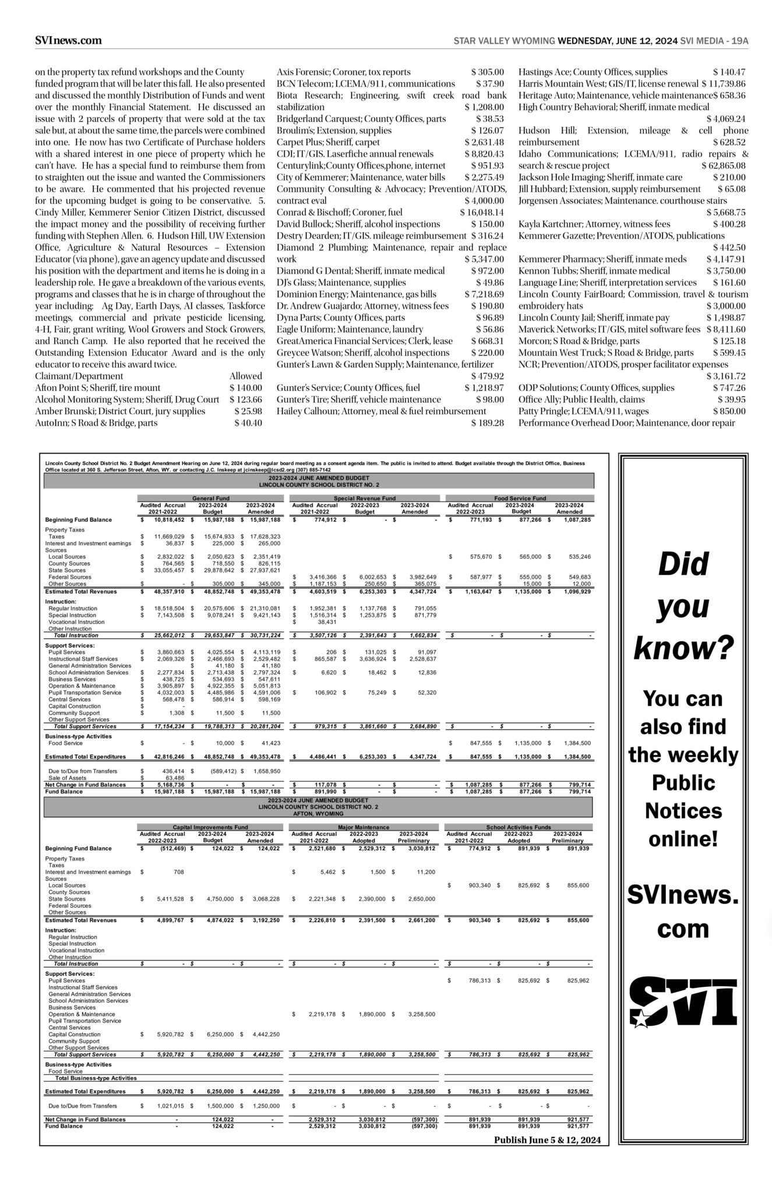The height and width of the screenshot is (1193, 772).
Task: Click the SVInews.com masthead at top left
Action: [x=68, y=40]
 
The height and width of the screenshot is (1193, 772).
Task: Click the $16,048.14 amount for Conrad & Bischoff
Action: [x=482, y=212]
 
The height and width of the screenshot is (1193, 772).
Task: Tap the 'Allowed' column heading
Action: [x=245, y=376]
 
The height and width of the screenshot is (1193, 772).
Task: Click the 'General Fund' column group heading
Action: [x=210, y=499]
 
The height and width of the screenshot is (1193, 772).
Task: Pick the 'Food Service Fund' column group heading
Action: [x=520, y=499]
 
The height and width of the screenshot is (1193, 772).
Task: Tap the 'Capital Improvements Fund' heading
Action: [x=210, y=827]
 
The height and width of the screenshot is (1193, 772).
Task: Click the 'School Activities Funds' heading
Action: [x=519, y=827]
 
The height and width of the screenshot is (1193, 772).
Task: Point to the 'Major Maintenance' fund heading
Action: [x=364, y=827]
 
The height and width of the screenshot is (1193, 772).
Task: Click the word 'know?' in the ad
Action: [x=682, y=648]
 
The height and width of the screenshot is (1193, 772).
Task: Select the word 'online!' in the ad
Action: [x=682, y=839]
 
